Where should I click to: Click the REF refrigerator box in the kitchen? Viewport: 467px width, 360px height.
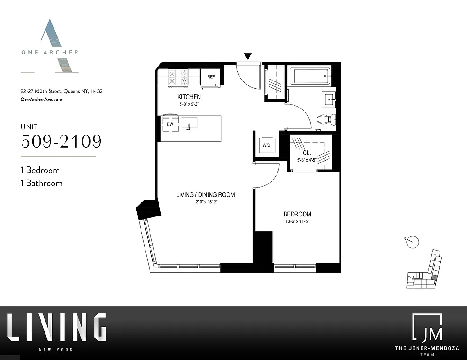[x=211, y=77]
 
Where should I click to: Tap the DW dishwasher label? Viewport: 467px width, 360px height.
[x=170, y=124]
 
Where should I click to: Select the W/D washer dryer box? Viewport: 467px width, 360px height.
[x=266, y=145]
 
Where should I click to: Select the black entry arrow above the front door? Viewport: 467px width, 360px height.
[x=248, y=56]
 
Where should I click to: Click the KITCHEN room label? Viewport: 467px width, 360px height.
[x=189, y=97]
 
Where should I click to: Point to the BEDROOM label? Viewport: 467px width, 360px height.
[x=297, y=214]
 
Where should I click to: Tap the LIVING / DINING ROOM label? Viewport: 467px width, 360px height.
[x=205, y=195]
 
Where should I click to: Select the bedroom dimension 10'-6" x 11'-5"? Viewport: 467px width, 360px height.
[x=297, y=221]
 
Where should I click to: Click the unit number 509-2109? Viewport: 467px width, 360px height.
[x=61, y=141]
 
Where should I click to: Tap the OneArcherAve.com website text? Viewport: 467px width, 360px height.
[x=41, y=99]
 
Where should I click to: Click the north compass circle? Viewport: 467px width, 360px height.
[x=413, y=242]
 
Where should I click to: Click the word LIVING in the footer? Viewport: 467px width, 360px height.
[x=57, y=327]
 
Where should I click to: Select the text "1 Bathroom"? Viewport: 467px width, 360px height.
[x=41, y=183]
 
